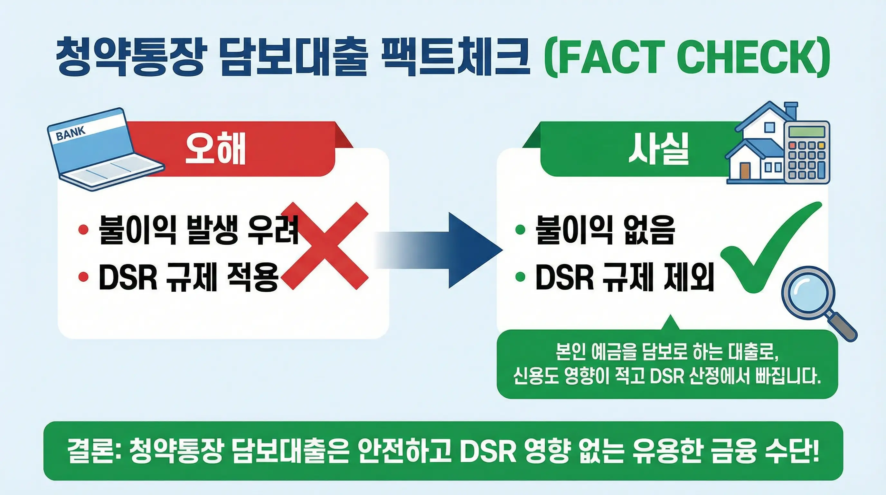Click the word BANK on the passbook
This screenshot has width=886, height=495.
coord(71,133)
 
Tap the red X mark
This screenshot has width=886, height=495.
coord(325,246)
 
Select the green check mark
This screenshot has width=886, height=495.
coord(770,251)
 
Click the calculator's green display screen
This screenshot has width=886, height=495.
coord(807,131)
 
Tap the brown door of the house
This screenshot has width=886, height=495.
coord(745,171)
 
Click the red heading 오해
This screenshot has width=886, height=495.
coord(215,150)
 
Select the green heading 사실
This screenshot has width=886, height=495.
coord(658,150)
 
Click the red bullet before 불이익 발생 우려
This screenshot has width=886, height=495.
coord(83,229)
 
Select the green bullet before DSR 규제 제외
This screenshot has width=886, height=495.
coord(520,277)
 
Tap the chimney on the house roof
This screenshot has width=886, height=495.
coord(790,112)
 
